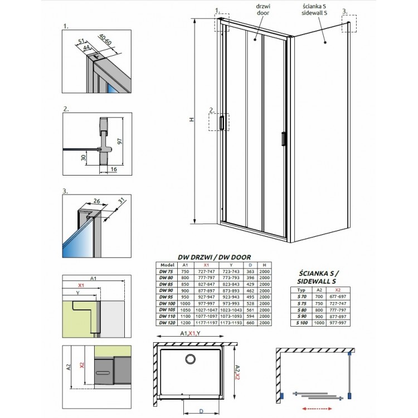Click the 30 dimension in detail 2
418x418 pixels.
tap(83, 158)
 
